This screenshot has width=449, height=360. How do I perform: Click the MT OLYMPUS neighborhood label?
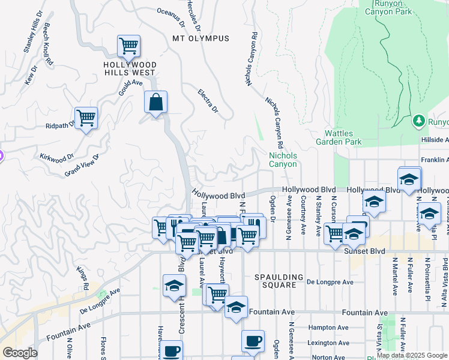200,38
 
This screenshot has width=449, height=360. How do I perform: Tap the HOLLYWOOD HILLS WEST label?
130,69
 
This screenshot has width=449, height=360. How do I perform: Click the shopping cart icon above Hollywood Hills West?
128,46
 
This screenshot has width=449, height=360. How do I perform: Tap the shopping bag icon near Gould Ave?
155,103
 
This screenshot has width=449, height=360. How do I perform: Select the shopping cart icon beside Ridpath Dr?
86,118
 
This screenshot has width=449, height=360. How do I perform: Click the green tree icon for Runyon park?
418,122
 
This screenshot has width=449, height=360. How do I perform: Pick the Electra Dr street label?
208,101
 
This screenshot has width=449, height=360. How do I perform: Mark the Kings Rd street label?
82,278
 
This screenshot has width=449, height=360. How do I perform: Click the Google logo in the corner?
19,353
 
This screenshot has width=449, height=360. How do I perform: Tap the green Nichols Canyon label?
282,160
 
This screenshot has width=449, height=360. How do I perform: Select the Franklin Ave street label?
435,160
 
